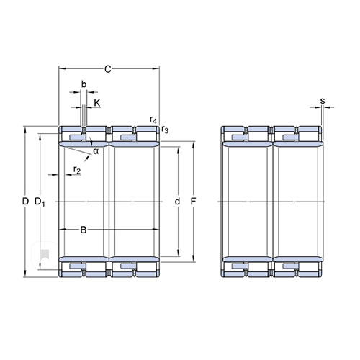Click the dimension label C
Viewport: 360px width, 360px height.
click(x=108, y=69)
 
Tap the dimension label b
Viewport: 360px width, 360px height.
click(x=84, y=84)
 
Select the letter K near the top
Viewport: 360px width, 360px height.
click(x=97, y=103)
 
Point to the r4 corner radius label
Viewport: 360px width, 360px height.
click(x=153, y=120)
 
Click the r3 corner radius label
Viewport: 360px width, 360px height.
click(x=165, y=130)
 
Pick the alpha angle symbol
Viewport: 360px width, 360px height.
click(x=96, y=151)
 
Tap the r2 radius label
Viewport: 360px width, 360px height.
click(x=77, y=170)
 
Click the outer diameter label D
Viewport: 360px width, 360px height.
click(x=25, y=202)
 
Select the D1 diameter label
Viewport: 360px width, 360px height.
click(x=40, y=202)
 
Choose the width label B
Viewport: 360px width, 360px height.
click(x=84, y=230)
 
